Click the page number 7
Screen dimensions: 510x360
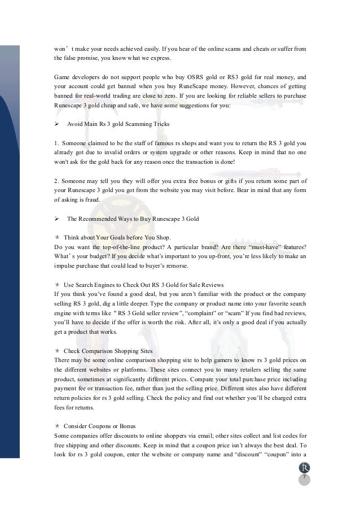[x=304, y=478]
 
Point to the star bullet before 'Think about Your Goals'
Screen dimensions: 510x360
[x=57, y=238]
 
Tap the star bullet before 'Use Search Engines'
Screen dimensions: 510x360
[x=57, y=285]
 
